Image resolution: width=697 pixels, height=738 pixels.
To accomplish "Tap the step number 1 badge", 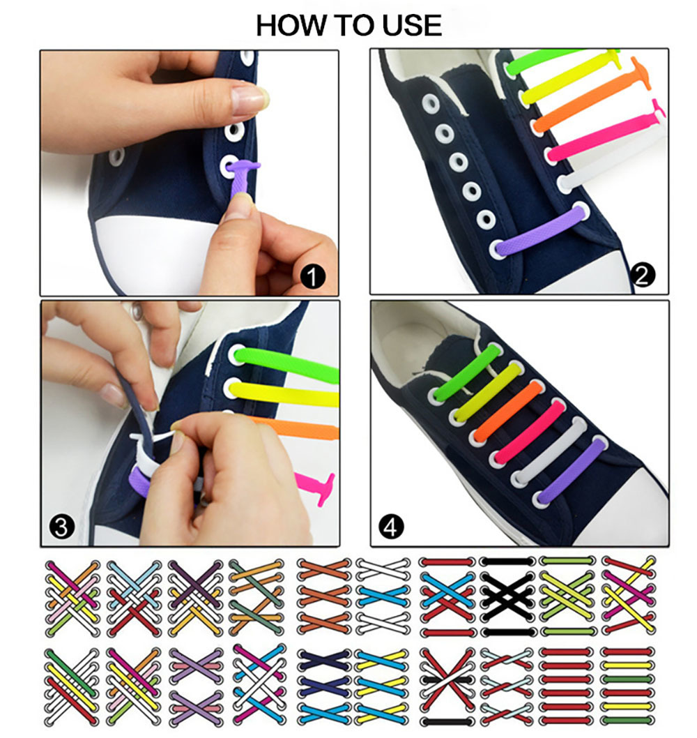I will (x=313, y=278).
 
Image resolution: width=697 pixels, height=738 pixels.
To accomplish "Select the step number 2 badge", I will (x=643, y=277).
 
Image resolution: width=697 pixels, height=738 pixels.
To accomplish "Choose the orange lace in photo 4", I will (x=506, y=410).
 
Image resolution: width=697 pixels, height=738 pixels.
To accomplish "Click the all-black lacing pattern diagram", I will (x=508, y=596).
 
